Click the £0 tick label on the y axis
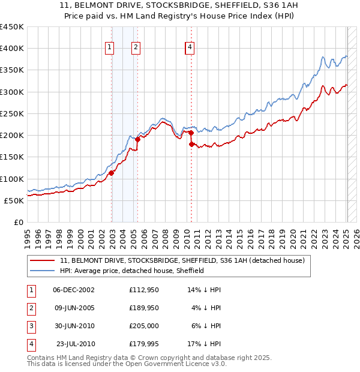(x=19, y=222)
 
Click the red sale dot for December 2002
(x=112, y=173)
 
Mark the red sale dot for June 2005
(x=137, y=139)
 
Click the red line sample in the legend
(x=43, y=261)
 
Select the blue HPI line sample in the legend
(x=43, y=271)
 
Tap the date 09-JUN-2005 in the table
(x=74, y=308)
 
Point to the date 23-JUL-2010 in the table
(x=74, y=344)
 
